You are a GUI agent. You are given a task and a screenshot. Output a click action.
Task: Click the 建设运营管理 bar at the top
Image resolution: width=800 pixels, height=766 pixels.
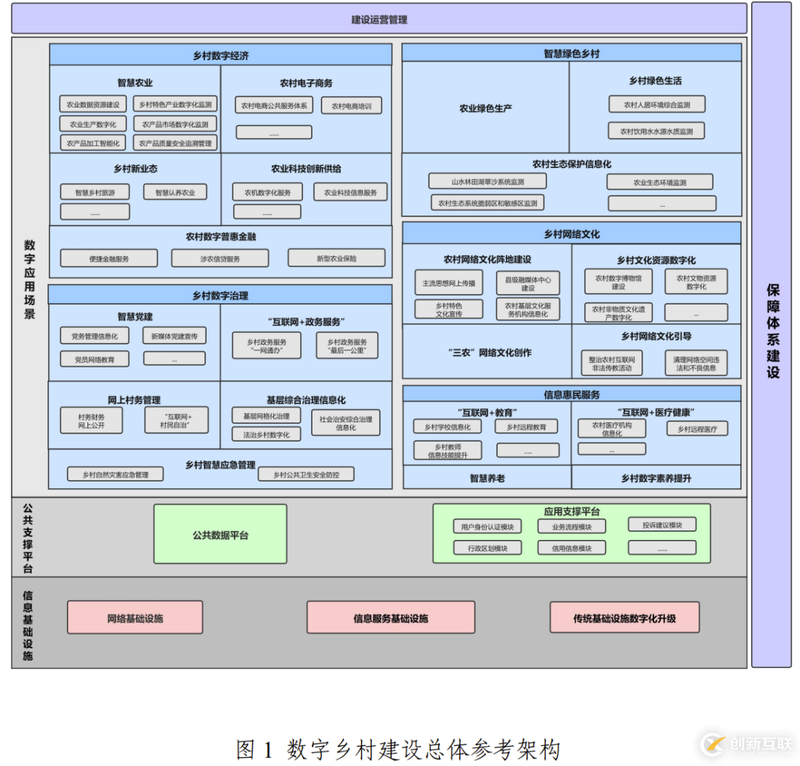click(379, 19)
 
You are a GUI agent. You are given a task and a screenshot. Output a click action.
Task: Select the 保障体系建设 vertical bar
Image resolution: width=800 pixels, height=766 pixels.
click(771, 333)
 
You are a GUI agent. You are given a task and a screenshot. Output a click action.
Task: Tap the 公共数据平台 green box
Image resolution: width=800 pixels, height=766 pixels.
click(220, 535)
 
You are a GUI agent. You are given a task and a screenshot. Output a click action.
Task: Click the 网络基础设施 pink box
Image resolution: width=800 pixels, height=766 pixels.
click(135, 618)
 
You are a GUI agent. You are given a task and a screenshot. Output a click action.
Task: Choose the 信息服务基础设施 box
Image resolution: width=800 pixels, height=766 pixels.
click(390, 618)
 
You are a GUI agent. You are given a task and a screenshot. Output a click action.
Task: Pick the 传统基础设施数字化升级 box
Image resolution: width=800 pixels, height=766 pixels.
click(624, 618)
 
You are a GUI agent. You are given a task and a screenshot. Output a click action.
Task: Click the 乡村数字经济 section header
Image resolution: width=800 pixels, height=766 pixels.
click(221, 56)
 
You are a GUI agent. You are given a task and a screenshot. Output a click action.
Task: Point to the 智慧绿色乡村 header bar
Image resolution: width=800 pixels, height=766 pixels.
click(571, 53)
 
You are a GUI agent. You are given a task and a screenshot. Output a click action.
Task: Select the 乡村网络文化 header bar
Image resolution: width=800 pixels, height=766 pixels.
click(571, 234)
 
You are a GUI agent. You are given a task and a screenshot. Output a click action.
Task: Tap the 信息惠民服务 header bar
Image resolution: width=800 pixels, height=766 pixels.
click(571, 394)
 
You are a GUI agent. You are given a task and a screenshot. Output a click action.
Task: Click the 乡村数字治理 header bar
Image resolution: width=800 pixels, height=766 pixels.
click(221, 296)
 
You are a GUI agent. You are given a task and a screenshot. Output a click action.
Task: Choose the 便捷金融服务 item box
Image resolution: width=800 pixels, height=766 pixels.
click(109, 259)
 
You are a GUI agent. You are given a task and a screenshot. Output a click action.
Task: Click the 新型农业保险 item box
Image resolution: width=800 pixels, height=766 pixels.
click(336, 259)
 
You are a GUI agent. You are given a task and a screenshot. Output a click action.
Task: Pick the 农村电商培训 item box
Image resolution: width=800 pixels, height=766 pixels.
click(351, 106)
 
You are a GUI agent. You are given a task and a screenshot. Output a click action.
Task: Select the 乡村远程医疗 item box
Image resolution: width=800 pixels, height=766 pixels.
click(697, 428)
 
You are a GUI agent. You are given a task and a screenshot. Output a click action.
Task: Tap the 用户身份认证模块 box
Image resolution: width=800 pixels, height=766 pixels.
click(487, 527)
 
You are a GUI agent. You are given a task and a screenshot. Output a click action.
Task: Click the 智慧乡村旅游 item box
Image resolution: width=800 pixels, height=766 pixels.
click(95, 192)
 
